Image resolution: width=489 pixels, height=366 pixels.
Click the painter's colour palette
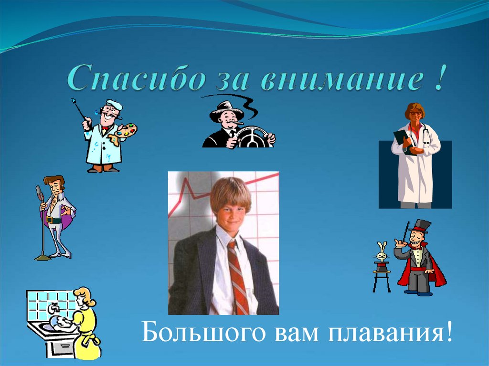(125, 130)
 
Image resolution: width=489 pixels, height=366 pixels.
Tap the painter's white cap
(114, 104)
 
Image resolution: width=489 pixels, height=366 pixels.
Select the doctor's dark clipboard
(403, 140)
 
